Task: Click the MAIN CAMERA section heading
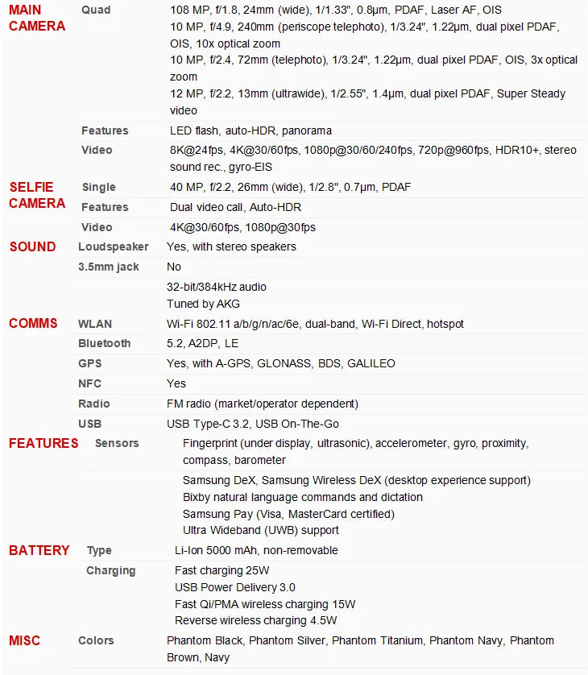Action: [37, 18]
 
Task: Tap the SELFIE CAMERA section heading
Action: [37, 195]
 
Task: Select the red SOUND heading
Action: [32, 246]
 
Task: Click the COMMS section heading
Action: [33, 324]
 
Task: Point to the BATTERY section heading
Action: [39, 551]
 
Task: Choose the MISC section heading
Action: [24, 641]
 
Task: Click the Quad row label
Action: [96, 10]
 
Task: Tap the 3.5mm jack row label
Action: [109, 267]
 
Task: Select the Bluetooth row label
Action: [104, 343]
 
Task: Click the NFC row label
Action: [89, 383]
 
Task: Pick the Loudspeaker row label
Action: [114, 246]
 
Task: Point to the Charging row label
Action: [110, 570]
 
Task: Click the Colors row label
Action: [96, 640]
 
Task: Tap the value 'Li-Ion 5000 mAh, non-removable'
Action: [256, 550]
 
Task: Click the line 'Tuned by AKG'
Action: [203, 304]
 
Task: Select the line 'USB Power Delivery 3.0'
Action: [235, 587]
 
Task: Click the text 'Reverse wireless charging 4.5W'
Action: [255, 620]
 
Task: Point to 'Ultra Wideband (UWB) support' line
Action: [261, 530]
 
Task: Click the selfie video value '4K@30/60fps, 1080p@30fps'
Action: [242, 227]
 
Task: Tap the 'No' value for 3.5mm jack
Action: [174, 267]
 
